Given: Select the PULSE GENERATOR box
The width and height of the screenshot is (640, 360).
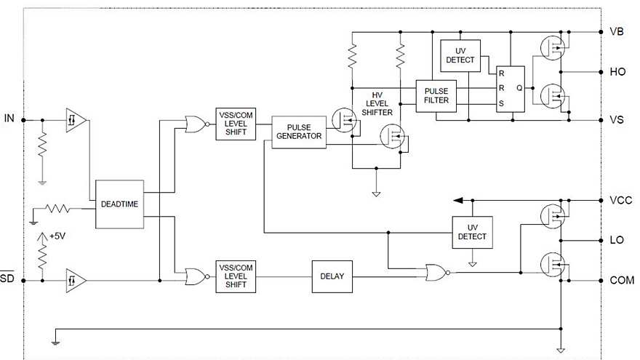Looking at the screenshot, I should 299,132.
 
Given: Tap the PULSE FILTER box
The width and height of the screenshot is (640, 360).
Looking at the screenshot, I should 436,95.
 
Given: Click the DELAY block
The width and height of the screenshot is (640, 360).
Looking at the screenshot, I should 332,276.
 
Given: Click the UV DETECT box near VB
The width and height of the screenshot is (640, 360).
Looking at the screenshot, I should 460,55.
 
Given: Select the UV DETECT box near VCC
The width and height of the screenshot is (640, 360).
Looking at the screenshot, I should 472,232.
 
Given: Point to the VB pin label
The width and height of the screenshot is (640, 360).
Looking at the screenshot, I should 617,32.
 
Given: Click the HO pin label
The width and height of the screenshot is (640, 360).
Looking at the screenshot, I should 617,73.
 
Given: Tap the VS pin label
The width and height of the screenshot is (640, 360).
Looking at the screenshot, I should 617,120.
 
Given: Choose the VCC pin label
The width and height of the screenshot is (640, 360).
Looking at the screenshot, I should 620,200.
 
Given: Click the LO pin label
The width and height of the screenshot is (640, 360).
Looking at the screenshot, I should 617,240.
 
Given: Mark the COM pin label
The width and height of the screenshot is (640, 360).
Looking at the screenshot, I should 621,280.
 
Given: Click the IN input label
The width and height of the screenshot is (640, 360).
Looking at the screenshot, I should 9,119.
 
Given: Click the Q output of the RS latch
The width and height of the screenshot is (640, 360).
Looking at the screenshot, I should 519,87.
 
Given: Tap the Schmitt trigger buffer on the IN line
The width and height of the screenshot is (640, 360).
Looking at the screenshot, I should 75,119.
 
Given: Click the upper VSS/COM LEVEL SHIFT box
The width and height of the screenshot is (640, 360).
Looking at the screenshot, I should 236,124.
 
